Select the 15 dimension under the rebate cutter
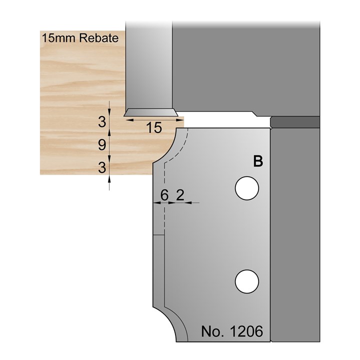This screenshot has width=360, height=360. (x=155, y=128)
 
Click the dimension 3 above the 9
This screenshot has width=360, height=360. (x=102, y=121)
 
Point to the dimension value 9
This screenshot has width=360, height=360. (x=102, y=145)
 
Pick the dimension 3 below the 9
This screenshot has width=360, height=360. (x=102, y=168)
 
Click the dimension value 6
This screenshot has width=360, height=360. (x=163, y=196)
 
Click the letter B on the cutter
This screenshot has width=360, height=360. (x=258, y=161)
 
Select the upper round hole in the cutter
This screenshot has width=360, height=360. (x=247, y=188)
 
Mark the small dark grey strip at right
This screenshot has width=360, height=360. (x=294, y=121)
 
